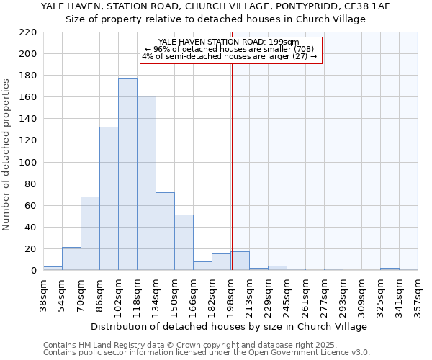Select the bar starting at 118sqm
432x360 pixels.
146,183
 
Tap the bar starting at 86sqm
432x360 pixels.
109,199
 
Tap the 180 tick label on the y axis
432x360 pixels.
27,76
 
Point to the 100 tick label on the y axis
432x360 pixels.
27,162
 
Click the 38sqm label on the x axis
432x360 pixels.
43,294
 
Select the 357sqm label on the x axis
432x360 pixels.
418,294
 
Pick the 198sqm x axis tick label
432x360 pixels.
230,294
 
